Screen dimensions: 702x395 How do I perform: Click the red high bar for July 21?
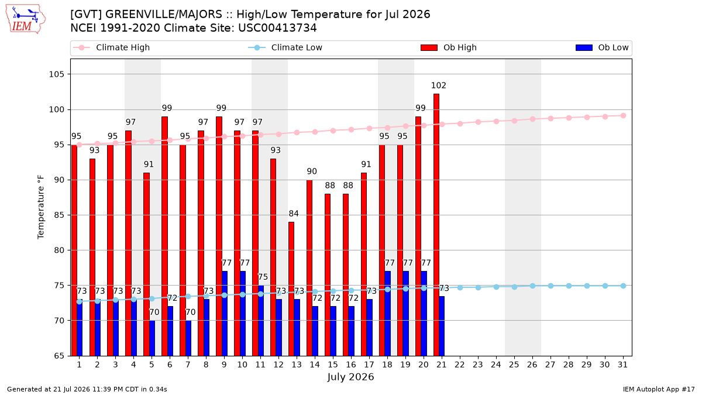coord(436,225)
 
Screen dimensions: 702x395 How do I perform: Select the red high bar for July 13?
coord(291,288)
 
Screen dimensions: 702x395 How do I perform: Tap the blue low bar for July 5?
coord(152,338)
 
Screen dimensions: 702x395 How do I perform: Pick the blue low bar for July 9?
coord(225,314)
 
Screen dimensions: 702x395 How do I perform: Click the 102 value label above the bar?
coord(438,85)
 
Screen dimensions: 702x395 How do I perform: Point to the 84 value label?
coord(294,214)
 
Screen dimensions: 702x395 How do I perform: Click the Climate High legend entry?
coord(111,47)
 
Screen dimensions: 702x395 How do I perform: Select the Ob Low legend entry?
coord(602,47)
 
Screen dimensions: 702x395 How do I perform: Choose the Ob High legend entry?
coord(449,47)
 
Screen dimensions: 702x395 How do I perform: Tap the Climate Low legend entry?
coord(285,47)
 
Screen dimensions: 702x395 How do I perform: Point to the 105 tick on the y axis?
coord(56,74)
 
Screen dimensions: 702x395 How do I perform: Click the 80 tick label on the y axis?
coord(59,250)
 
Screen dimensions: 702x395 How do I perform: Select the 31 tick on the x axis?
coord(622,365)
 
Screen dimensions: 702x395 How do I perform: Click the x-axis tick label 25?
coord(514,365)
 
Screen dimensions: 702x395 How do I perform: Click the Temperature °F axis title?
coord(41,207)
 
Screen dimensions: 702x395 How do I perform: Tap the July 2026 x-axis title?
coord(350,377)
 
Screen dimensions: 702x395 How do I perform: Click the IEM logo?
coord(25,19)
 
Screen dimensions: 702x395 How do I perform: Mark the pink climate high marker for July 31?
coord(624,116)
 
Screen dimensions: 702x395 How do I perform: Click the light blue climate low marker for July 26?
coord(533,286)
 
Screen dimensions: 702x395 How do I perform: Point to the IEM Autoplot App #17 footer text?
coord(659,389)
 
